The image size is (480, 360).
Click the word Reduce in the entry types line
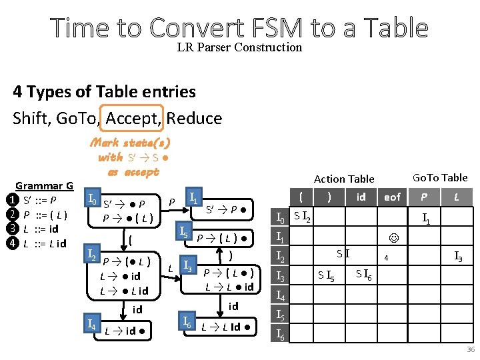pyautogui.click(x=194, y=119)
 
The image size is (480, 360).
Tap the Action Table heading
pyautogui.click(x=344, y=179)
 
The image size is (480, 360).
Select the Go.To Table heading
pyautogui.click(x=440, y=177)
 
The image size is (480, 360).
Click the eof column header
pyautogui.click(x=393, y=197)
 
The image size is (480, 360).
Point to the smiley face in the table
pyautogui.click(x=393, y=237)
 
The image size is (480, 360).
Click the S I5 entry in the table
pyautogui.click(x=326, y=275)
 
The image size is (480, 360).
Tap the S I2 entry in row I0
pyautogui.click(x=305, y=216)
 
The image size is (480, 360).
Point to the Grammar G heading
pyautogui.click(x=45, y=185)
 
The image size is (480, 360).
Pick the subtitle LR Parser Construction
pyautogui.click(x=239, y=47)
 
